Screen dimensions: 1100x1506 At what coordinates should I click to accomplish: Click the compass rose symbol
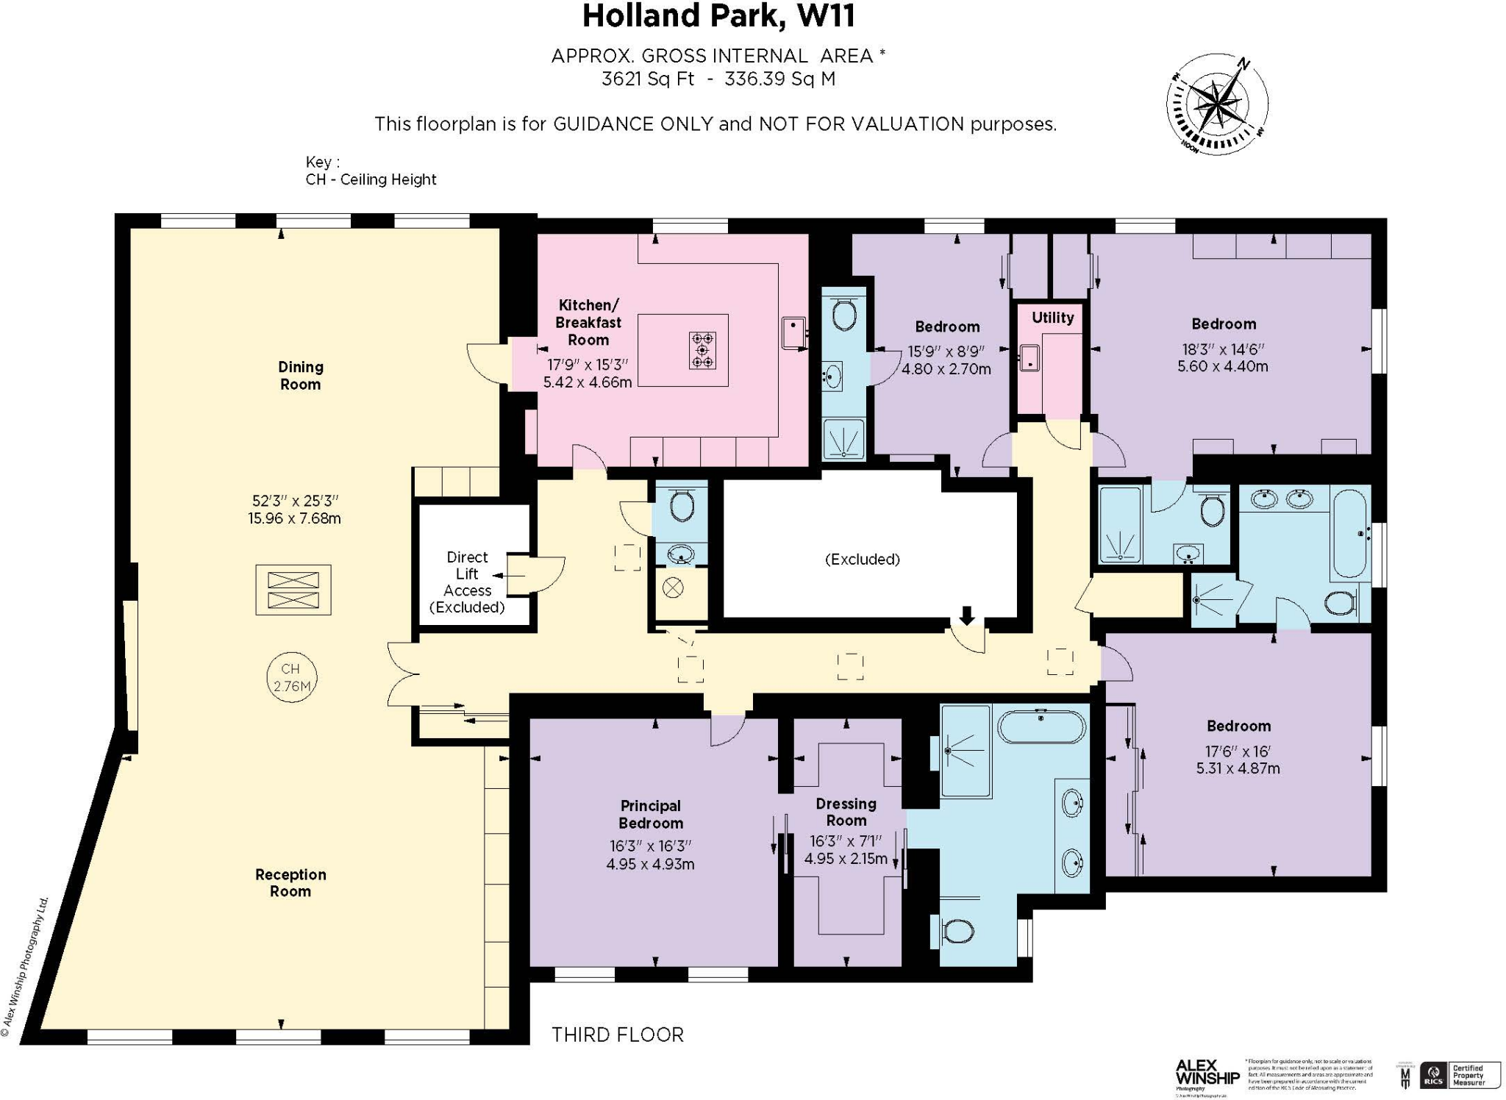click(1217, 104)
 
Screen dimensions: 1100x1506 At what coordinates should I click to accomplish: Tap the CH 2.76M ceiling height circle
click(292, 677)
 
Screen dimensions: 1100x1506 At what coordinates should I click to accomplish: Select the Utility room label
click(1052, 318)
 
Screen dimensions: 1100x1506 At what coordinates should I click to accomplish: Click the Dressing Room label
click(846, 812)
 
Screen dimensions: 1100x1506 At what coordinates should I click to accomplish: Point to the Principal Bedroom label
click(651, 814)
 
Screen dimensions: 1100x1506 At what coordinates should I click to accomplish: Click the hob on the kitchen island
click(702, 350)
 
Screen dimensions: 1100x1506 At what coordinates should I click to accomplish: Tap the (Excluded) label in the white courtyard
click(862, 559)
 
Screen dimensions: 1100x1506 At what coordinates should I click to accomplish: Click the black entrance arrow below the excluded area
click(967, 615)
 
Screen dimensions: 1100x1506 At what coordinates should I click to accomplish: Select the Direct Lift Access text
click(467, 574)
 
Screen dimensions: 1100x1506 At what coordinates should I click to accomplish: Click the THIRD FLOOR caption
click(618, 1035)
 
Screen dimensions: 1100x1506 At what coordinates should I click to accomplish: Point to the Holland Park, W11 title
click(718, 16)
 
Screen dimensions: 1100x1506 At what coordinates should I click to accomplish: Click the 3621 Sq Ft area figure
click(647, 79)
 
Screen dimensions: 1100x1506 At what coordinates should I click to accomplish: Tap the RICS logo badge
click(1433, 1074)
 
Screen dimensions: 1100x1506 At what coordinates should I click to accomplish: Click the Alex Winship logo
click(1207, 1074)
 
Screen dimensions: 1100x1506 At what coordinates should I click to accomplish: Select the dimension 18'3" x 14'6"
click(1222, 349)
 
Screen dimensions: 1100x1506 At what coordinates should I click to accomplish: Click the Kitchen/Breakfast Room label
click(588, 322)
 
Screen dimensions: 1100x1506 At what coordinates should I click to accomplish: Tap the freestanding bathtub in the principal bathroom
click(1041, 726)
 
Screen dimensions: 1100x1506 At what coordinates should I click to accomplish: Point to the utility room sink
click(1029, 358)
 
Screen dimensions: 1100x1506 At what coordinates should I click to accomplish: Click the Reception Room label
click(290, 882)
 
